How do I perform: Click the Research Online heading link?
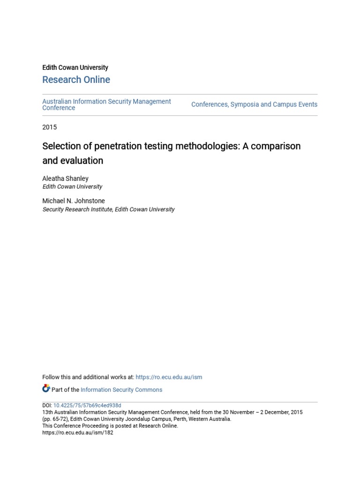[76, 80]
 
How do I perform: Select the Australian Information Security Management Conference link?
[106, 104]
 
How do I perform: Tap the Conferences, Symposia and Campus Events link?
[254, 105]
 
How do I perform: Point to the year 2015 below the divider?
[49, 127]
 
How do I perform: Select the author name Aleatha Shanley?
[65, 179]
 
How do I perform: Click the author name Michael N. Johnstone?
[74, 201]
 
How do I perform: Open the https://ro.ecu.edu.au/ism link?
[169, 377]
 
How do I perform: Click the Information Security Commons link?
[121, 390]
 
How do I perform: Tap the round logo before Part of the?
[46, 389]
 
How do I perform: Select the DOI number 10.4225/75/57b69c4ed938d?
[87, 405]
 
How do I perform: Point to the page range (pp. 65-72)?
[54, 419]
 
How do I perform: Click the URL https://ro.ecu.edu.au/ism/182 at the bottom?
[78, 433]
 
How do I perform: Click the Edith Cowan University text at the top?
[75, 67]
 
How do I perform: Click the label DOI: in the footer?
[47, 405]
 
